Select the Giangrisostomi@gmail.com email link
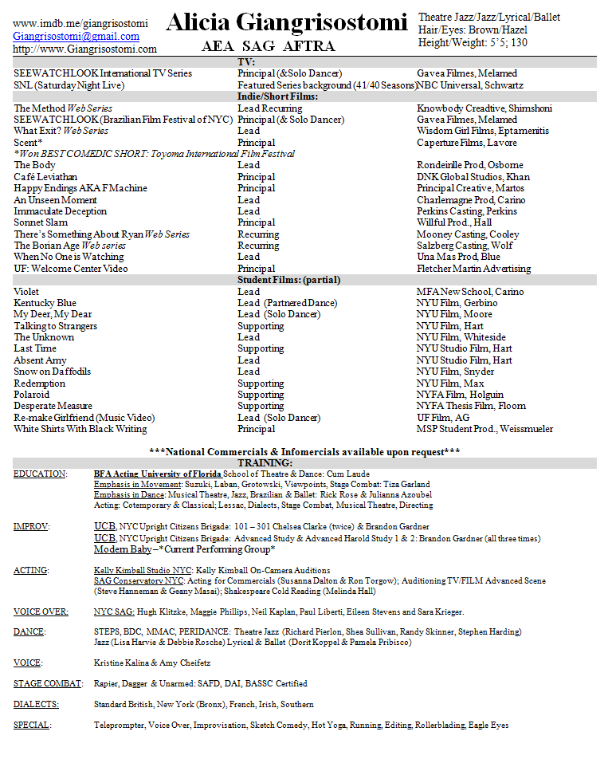76,36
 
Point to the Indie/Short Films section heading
278,96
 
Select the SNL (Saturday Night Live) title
69,85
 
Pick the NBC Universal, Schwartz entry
470,85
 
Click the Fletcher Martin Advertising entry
473,269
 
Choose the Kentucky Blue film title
45,303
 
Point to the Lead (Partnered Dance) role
288,303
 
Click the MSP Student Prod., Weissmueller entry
484,429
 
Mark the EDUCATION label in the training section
40,474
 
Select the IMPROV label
31,527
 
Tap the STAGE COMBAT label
48,683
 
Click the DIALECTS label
36,704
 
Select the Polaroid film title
32,395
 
